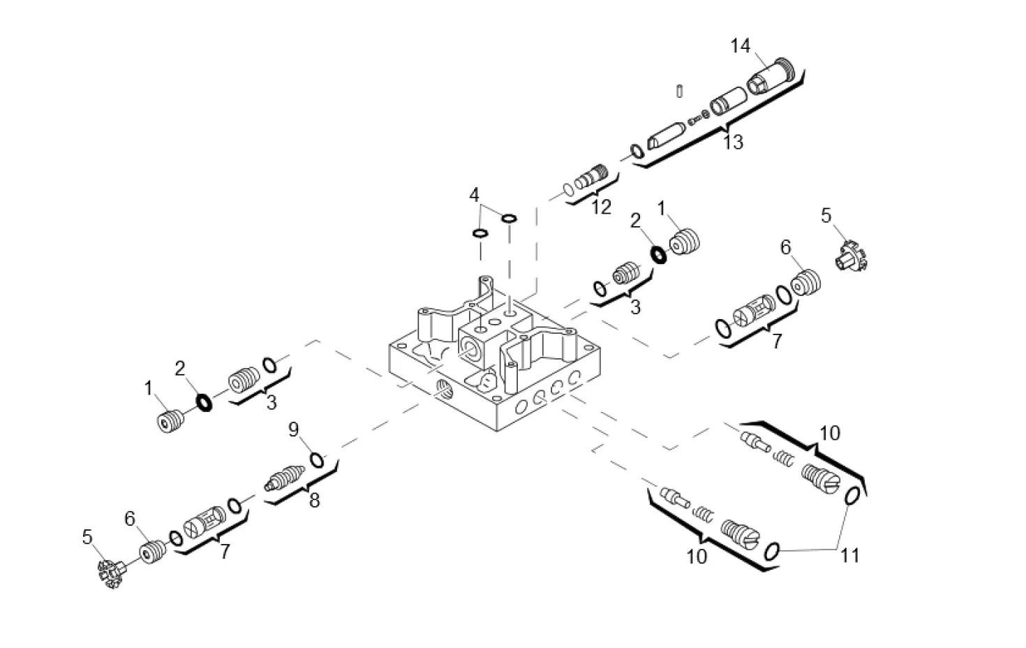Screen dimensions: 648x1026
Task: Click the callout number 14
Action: (740, 46)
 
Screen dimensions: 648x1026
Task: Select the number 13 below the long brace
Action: (732, 142)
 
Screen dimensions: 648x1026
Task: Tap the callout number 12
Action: (600, 207)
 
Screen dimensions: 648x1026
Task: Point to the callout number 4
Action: (475, 195)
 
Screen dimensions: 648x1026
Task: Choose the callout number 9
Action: (294, 428)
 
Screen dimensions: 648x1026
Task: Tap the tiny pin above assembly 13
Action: (679, 91)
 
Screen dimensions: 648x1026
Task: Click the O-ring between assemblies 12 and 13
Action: (637, 151)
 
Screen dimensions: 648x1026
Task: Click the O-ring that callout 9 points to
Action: (316, 459)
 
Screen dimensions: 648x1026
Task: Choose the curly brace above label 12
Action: (593, 191)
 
